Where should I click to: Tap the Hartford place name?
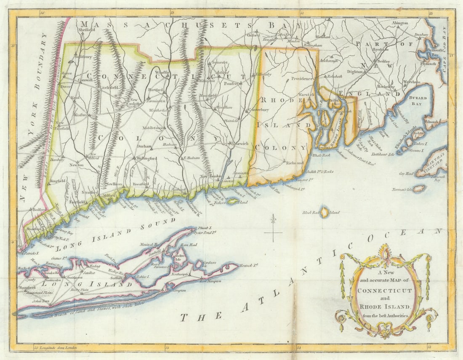(x=155, y=90)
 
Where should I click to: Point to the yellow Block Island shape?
(x=325, y=212)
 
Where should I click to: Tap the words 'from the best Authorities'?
(x=385, y=315)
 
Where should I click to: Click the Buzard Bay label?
(x=417, y=101)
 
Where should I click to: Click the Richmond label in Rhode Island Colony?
(x=295, y=163)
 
